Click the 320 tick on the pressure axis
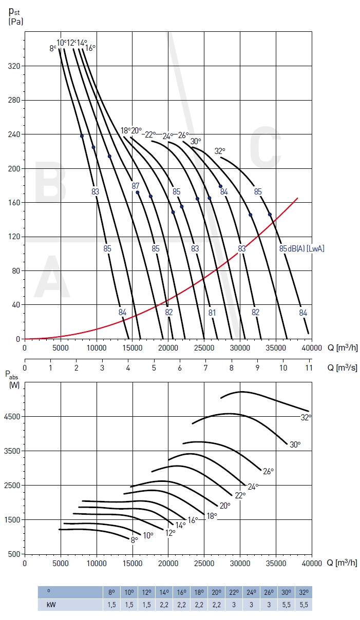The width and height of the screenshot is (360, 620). point(14,66)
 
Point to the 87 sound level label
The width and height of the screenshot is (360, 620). point(136,185)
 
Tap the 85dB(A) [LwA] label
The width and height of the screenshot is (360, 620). point(302,248)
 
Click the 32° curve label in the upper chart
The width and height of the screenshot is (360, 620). point(220,151)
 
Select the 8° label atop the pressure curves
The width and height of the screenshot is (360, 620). point(52,48)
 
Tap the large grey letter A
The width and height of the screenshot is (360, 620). point(51,277)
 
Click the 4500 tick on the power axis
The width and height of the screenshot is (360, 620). point(13,416)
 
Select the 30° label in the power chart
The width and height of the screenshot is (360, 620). point(295,444)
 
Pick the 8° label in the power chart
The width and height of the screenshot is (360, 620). point(134,539)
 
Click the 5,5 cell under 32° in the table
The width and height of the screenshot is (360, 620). point(304,605)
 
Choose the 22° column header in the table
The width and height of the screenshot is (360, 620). point(234,592)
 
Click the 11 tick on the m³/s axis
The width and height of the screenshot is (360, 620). point(309,368)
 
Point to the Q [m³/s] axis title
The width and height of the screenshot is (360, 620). point(343,368)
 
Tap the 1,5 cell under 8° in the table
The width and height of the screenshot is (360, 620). point(111,605)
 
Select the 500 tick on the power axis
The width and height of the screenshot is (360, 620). point(15,554)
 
